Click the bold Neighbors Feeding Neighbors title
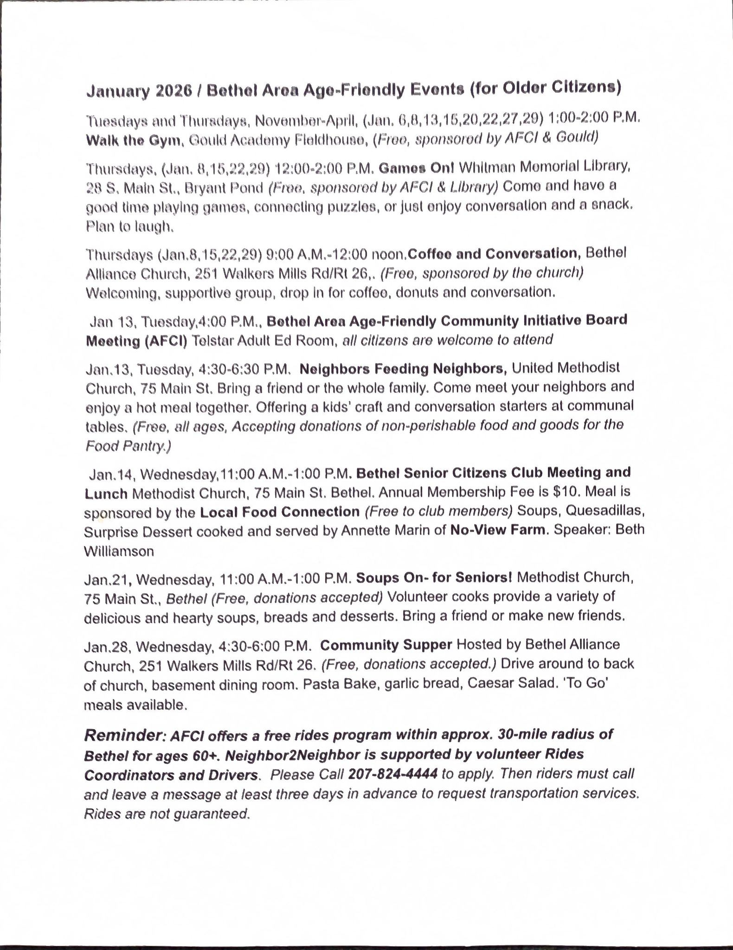click(x=403, y=369)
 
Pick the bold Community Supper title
click(x=386, y=645)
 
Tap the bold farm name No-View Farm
click(x=499, y=530)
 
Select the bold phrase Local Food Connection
click(x=280, y=512)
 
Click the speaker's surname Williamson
click(x=119, y=551)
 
